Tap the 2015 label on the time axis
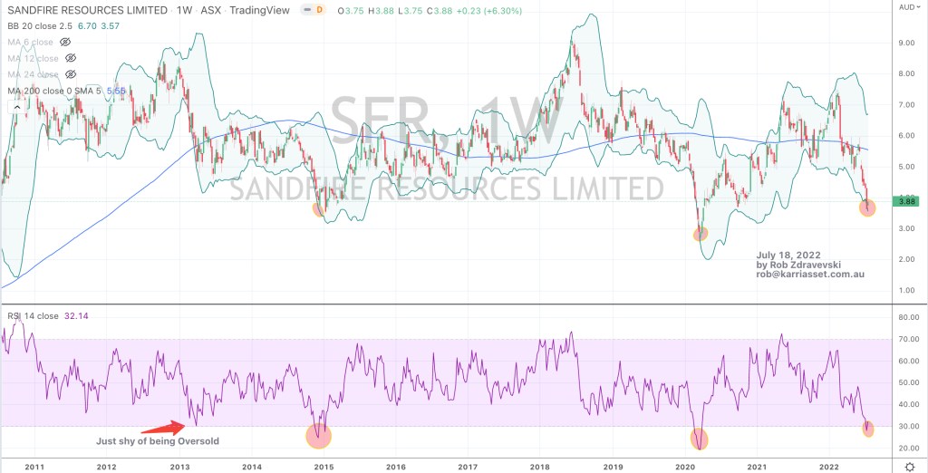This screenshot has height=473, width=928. click(x=323, y=466)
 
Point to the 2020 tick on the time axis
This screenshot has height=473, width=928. click(x=685, y=466)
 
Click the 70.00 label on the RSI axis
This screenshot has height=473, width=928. click(x=908, y=340)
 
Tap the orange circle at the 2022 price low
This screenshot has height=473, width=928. click(x=867, y=208)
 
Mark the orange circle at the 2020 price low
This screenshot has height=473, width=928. click(x=700, y=234)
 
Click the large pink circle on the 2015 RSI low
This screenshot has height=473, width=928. click(x=318, y=436)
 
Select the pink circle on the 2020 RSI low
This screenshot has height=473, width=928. click(x=700, y=440)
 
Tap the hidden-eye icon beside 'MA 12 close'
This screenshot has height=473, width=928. click(x=71, y=58)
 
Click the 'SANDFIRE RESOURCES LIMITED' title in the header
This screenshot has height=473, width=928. click(x=86, y=9)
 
